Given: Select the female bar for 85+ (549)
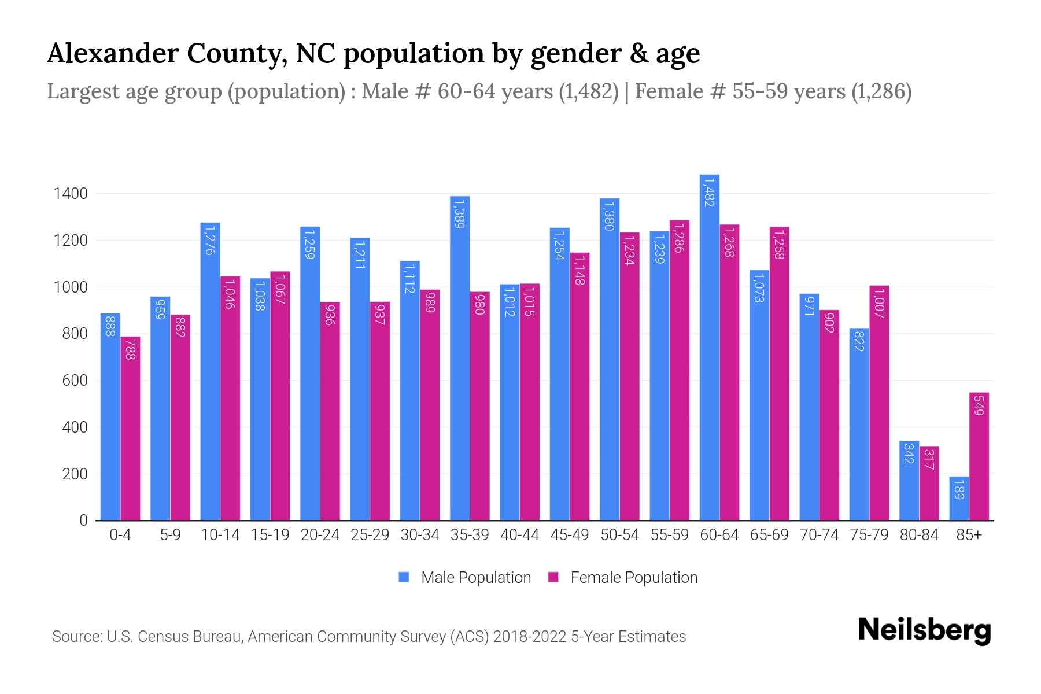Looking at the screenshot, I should [x=979, y=457].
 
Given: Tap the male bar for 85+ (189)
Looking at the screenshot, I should [x=958, y=499].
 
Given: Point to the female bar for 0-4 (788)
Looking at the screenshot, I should [x=130, y=429].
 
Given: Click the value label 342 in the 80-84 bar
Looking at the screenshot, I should [x=908, y=453].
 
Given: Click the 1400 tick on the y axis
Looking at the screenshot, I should [x=71, y=194].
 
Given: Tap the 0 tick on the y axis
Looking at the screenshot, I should [x=83, y=520].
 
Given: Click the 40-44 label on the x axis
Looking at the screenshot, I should [x=519, y=535].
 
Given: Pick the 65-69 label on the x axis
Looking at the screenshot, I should [x=769, y=535].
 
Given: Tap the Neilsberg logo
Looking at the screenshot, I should [x=924, y=630].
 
